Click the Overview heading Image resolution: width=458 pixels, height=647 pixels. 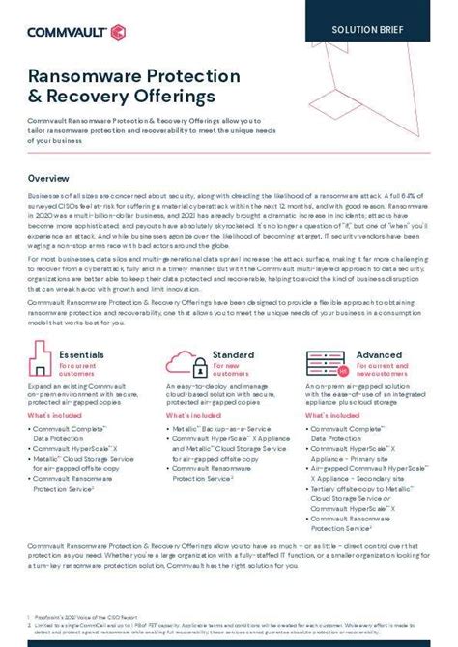(48, 179)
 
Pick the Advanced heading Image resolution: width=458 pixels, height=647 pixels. (379, 354)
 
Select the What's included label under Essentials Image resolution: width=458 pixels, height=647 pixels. (56, 414)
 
